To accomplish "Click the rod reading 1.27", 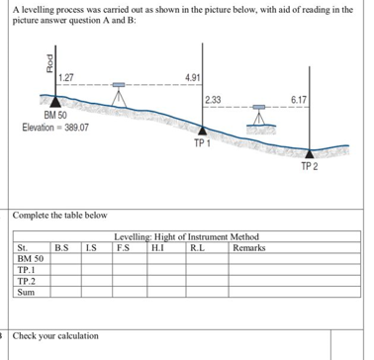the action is click(67, 78).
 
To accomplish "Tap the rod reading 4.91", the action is click(194, 77).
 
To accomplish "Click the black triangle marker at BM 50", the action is click(53, 103).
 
